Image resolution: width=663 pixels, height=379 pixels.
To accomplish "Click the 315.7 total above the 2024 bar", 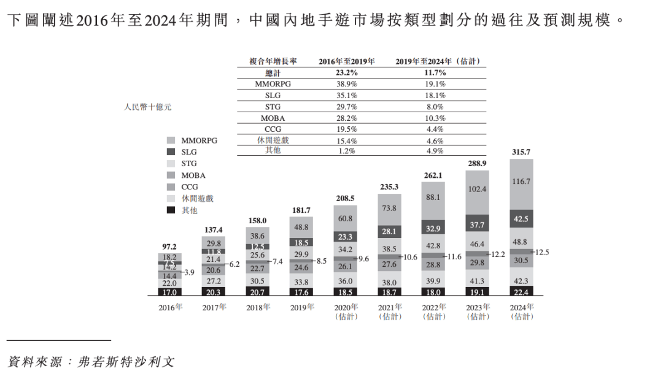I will point(521,152).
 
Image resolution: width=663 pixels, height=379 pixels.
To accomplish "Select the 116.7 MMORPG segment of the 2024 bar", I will point(521,182).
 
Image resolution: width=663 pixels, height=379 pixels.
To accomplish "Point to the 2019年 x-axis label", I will point(301,307).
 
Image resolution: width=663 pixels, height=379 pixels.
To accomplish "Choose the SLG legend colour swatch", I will point(171,152).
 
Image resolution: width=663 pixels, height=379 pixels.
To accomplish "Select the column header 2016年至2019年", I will point(346,61).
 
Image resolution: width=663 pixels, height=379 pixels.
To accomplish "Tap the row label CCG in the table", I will point(273,129).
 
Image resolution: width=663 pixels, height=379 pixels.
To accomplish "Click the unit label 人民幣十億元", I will point(148,107).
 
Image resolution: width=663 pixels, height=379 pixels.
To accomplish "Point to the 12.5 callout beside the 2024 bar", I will point(543,252).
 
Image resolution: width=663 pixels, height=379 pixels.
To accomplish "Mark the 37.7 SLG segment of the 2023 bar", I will point(477,224).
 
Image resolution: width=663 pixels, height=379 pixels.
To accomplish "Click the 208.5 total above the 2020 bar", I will point(346,199).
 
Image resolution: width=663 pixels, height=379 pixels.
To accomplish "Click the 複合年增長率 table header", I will point(273,61).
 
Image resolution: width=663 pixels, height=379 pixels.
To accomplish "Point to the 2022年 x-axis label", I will point(433,307).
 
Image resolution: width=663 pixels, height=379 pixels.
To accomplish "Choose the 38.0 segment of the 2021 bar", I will point(389,283).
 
